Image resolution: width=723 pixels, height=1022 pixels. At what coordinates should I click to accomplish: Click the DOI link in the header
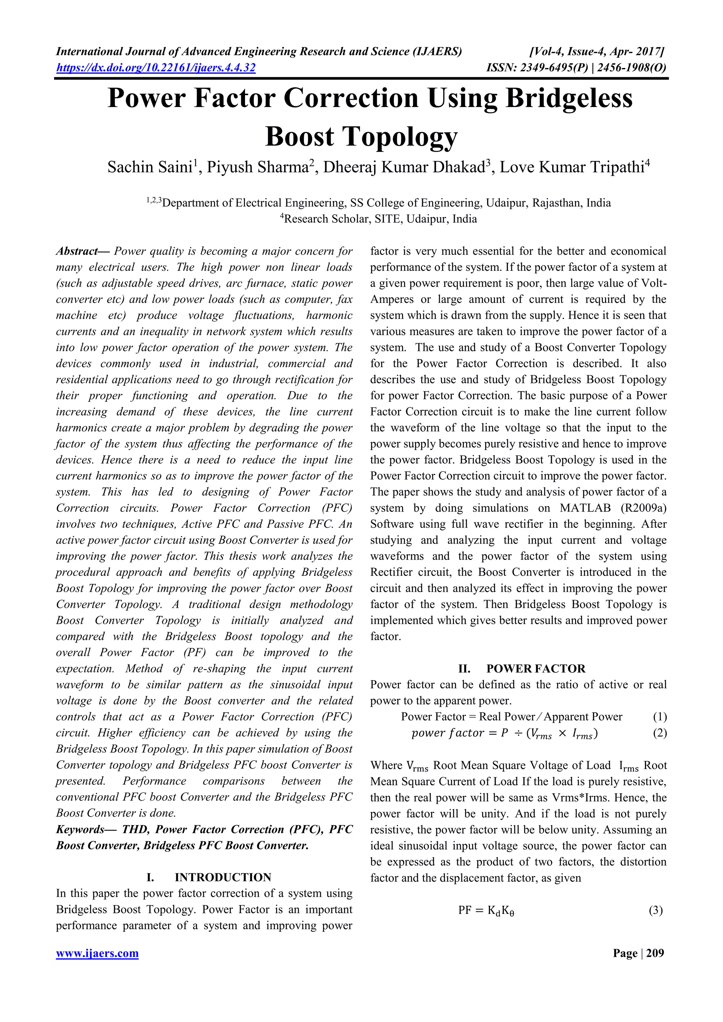[155, 68]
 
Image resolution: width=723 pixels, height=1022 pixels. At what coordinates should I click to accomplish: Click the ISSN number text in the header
[576, 68]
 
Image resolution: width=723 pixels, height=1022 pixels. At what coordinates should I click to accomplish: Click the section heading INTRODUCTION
[223, 877]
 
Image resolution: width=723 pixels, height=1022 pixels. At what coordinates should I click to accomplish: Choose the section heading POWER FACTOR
[536, 669]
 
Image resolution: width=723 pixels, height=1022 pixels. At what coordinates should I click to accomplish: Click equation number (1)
[659, 717]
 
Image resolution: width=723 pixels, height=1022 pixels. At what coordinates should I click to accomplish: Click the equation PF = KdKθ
[486, 911]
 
